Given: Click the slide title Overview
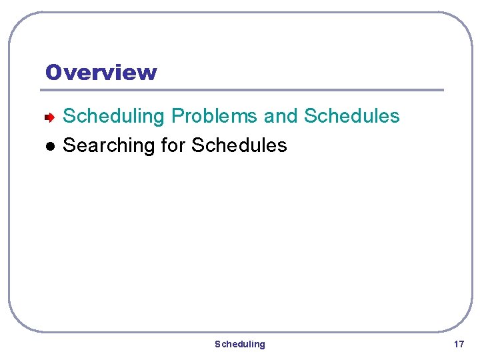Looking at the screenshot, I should pos(101,72).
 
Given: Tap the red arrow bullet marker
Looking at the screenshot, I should pos(49,117).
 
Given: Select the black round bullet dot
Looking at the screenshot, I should pos(49,146).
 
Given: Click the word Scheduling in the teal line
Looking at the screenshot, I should pos(113,117).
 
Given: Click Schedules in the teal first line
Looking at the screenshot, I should pos(352,116).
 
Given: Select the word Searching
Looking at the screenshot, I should pos(108,145).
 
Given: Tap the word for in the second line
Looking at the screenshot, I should pos(173,145).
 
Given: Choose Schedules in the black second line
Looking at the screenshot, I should pos(239,145).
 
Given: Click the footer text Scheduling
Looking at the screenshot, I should pos(239,344).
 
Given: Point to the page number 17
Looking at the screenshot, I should pos(459,344).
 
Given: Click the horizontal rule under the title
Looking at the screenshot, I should pos(244,90).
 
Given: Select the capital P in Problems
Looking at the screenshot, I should pos(178,116).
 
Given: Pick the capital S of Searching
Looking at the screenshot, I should pos(69,145).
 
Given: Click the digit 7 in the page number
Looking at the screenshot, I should pos(461,344).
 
